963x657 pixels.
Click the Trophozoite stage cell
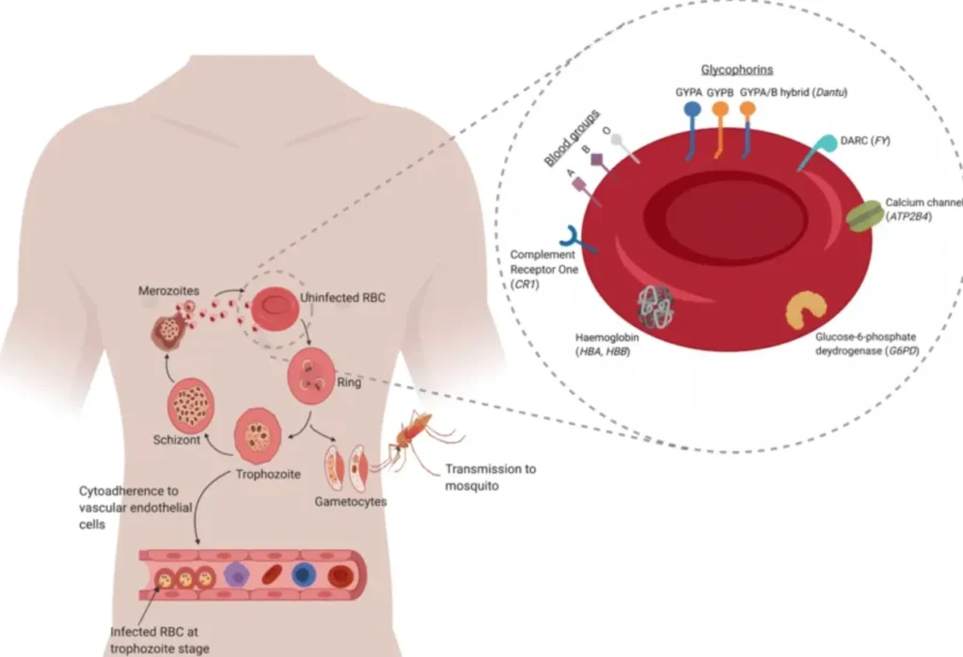257,435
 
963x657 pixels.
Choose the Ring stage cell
311,372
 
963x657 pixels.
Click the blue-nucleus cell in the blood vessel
304,575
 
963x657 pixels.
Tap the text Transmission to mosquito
490,477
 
